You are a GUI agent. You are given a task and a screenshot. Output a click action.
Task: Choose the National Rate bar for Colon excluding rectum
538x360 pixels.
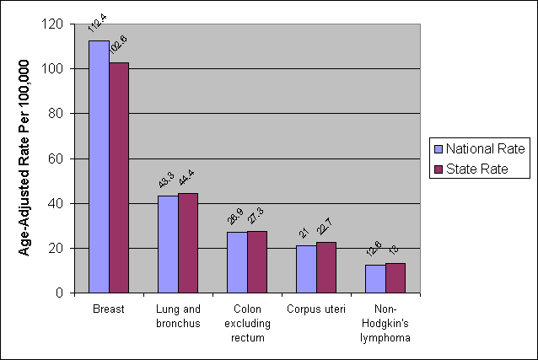point(237,262)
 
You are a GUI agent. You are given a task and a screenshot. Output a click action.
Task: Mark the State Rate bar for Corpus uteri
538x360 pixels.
point(326,267)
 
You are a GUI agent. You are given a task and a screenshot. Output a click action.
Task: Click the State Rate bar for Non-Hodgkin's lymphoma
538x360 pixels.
point(395,278)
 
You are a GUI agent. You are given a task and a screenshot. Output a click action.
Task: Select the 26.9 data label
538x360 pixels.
point(236,218)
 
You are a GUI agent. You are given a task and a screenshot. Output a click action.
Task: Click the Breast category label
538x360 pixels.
point(109,309)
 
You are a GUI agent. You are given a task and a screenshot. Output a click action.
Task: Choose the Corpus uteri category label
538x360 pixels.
point(315,309)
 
